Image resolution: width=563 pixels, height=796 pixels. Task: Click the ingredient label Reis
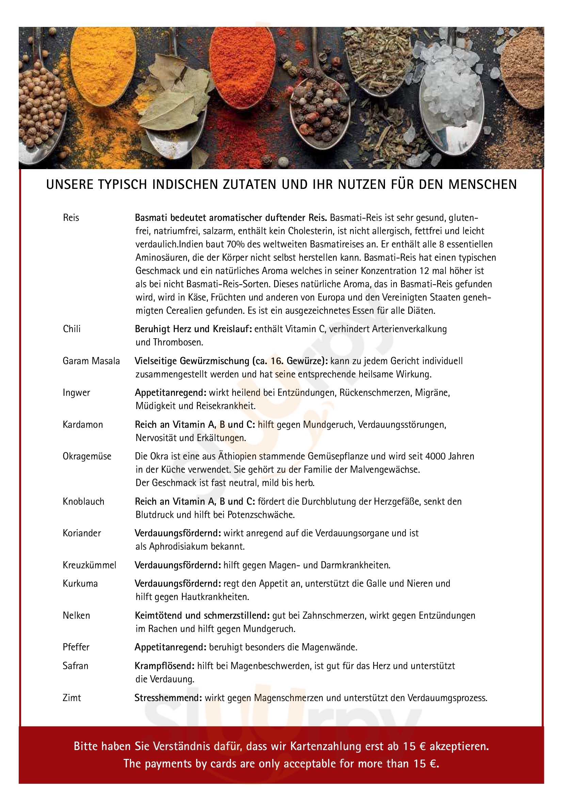[x=71, y=218]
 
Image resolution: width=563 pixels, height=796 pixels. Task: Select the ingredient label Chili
[x=71, y=329]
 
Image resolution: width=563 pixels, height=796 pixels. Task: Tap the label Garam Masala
[x=91, y=361]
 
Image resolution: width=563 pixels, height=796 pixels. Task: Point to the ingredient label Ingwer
[x=76, y=392]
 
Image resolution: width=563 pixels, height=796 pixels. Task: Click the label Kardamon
[x=82, y=424]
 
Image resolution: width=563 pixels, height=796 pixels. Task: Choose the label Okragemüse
[x=87, y=456]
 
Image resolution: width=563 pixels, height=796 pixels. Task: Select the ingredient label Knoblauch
[x=83, y=501]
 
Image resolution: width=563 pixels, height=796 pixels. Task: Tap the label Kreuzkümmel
[x=89, y=565]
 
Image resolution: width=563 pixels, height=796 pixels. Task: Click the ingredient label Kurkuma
[x=80, y=584]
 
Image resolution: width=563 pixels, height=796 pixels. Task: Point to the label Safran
[x=75, y=666]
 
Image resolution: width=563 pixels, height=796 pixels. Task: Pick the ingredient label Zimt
[x=71, y=698]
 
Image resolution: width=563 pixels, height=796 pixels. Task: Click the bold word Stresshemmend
[x=168, y=698]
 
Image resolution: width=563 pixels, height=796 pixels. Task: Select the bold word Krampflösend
[x=164, y=666]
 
